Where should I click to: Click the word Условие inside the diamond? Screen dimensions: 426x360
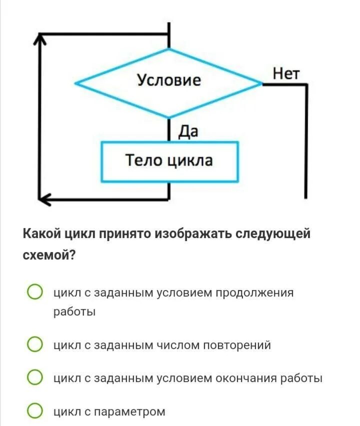coord(169,80)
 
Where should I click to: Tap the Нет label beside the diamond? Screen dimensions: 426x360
coord(285,74)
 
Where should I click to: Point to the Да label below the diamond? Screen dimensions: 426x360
coord(188,131)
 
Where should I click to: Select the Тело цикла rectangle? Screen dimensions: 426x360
coord(169,161)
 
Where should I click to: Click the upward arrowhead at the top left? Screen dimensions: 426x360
coord(42,40)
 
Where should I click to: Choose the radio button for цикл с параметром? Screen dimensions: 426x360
coord(34,411)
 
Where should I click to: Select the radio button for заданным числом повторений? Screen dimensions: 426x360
coord(34,344)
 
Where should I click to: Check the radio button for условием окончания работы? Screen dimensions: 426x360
coord(34,378)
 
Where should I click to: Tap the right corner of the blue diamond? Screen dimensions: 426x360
coord(262,83)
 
